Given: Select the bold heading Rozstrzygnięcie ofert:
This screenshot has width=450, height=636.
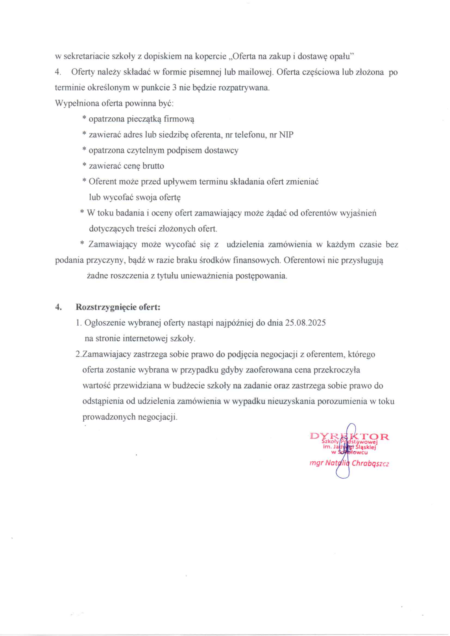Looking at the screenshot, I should [x=118, y=307].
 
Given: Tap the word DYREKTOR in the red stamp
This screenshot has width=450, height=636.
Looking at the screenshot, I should [x=350, y=436].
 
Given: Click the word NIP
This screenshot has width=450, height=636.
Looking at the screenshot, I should [x=286, y=135].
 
